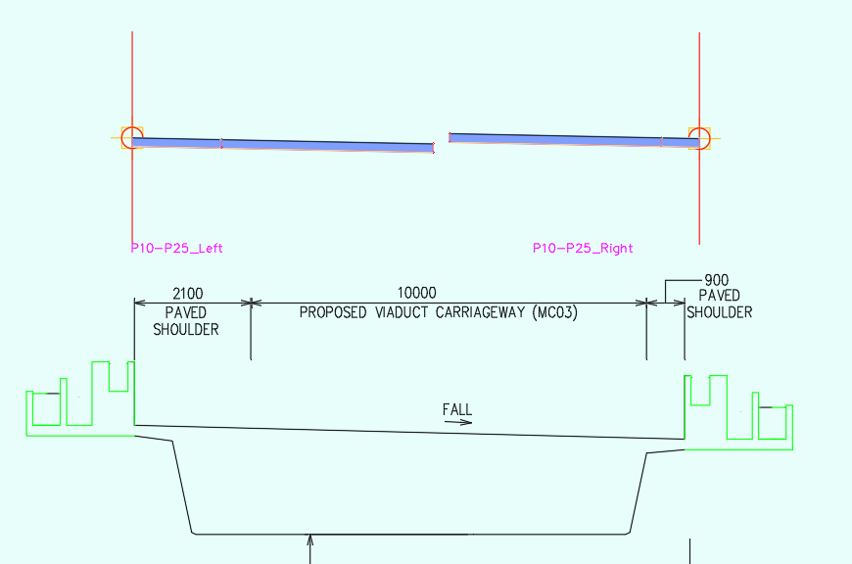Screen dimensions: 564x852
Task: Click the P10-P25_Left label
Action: click(x=176, y=249)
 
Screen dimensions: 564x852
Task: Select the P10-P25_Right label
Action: click(x=583, y=249)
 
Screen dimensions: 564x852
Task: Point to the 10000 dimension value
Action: click(x=416, y=293)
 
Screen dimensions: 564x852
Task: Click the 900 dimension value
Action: click(x=717, y=280)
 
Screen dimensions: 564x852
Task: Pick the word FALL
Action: click(x=457, y=409)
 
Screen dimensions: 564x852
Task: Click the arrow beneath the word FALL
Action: click(x=457, y=423)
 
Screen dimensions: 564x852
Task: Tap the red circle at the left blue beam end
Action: click(x=132, y=137)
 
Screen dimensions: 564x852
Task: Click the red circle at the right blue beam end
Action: click(x=699, y=137)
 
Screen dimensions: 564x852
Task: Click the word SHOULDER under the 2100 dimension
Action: click(x=187, y=330)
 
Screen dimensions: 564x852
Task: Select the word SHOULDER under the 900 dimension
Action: click(x=719, y=312)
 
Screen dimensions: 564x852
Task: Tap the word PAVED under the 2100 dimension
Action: click(x=187, y=313)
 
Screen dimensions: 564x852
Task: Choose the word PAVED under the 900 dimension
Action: click(x=719, y=297)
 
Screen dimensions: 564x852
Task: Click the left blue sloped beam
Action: click(x=284, y=145)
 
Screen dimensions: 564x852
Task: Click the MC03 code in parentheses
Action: click(x=555, y=313)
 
